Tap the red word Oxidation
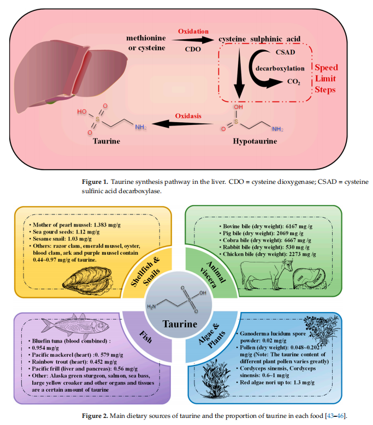tap(193, 32)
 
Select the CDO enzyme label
tap(193, 49)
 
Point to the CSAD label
tap(285, 52)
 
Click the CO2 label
tap(294, 82)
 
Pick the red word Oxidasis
tap(188, 116)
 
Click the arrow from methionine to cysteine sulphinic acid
tap(193, 40)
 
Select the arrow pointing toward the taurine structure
tap(182, 124)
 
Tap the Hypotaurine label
tap(255, 141)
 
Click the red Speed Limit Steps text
tap(326, 79)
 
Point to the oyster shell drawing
tap(88, 280)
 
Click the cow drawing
tap(267, 274)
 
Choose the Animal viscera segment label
tap(213, 274)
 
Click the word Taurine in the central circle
tap(180, 324)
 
